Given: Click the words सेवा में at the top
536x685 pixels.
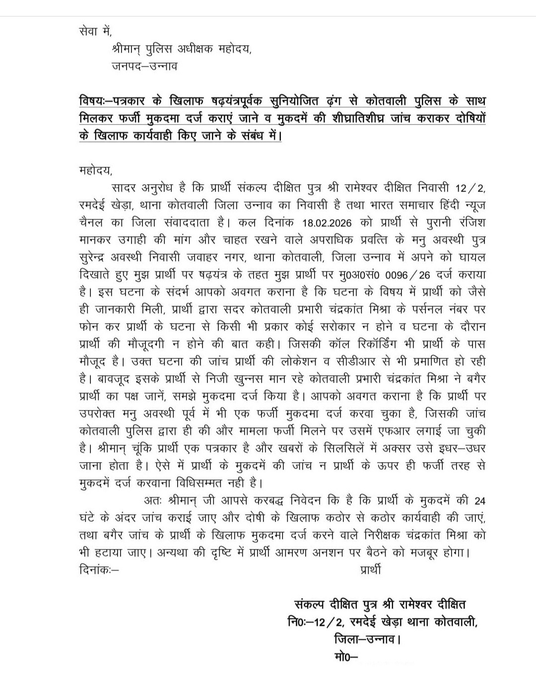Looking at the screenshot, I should coord(96,31).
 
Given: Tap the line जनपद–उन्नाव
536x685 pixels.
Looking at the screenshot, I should coord(144,66).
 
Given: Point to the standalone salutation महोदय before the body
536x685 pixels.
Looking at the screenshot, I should coord(96,171).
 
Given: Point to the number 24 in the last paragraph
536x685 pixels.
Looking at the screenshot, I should coord(479,500).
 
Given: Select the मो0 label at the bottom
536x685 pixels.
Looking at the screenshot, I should coord(342,657).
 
